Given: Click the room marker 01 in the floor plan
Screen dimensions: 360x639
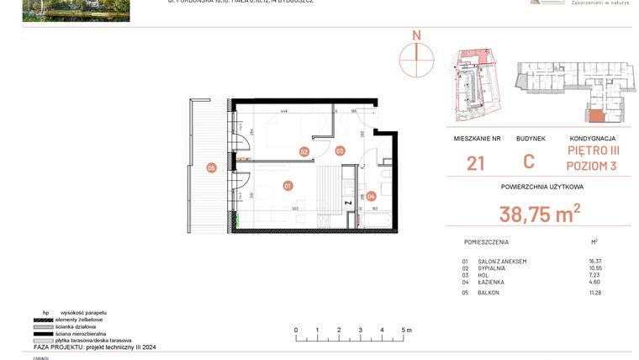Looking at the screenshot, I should tap(287, 185).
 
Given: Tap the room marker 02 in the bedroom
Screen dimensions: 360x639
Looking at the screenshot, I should tap(304, 151).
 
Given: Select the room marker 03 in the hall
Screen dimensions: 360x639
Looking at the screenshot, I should tap(340, 151).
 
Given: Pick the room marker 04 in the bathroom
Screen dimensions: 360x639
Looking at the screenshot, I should tap(371, 196).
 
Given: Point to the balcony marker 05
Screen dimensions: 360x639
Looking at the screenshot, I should tap(212, 168).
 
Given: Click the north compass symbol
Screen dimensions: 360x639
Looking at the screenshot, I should tap(415, 55).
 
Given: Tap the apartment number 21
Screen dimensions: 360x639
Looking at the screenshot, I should tap(475, 163).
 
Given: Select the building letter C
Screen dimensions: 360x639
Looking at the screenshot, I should tap(529, 162).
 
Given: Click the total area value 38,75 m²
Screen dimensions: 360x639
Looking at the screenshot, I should tap(540, 214).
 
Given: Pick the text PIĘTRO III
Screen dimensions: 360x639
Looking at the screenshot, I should tap(592, 151).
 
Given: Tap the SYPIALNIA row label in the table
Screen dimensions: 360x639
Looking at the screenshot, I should tap(492, 268).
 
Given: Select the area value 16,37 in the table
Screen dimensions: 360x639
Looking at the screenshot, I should tap(595, 262).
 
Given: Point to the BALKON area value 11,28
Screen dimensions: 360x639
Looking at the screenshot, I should tap(595, 292).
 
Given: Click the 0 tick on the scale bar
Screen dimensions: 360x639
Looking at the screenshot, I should tap(295, 330).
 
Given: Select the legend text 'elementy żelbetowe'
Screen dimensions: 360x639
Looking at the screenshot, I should tap(79, 320).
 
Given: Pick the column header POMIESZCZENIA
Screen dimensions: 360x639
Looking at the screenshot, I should tap(485, 241).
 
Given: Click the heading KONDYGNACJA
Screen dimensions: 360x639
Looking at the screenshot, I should tap(592, 138).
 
